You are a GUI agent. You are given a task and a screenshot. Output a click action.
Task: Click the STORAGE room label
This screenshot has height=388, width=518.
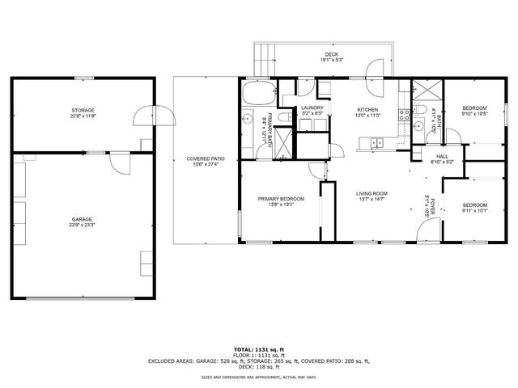(x=83, y=110)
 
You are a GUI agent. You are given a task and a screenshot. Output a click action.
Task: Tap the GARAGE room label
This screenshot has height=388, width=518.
(x=82, y=219)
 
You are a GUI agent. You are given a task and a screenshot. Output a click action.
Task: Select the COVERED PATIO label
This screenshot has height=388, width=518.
(x=206, y=158)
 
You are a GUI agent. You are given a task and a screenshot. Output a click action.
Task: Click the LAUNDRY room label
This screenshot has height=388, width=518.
(x=312, y=108)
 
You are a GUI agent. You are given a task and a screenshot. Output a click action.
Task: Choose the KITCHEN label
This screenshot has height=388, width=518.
(x=369, y=109)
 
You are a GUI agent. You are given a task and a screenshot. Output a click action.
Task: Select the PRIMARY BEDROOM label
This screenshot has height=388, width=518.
(x=281, y=199)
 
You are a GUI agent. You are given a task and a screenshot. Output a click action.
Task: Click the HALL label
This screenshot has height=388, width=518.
(x=442, y=156)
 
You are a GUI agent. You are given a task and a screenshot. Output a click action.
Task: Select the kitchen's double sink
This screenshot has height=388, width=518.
(x=376, y=144)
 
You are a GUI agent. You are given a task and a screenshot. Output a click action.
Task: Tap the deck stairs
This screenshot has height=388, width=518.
(x=265, y=59)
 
